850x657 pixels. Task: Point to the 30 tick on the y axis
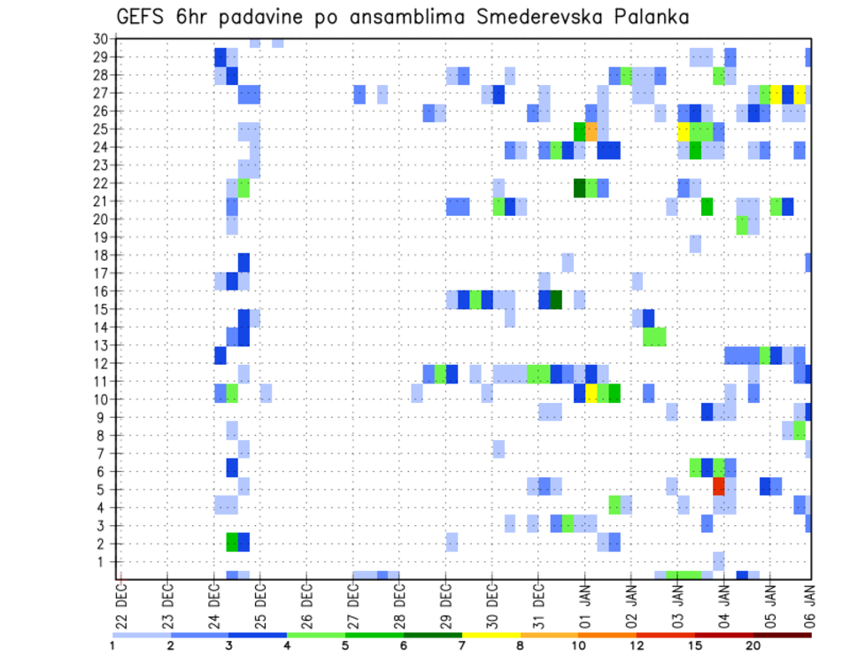tap(100, 38)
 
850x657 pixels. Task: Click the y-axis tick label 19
tap(100, 236)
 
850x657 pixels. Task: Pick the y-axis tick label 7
tap(104, 453)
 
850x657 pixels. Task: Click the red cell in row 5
tap(719, 486)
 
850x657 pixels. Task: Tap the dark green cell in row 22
tap(580, 188)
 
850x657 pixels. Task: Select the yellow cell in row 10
tap(591, 393)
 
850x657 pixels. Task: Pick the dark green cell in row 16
tap(556, 299)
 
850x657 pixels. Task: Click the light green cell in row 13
tap(654, 336)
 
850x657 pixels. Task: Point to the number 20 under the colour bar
tap(753, 645)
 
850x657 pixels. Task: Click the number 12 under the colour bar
tap(637, 645)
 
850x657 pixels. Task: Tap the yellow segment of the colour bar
tap(491, 635)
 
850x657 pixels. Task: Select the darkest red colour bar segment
tap(782, 635)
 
